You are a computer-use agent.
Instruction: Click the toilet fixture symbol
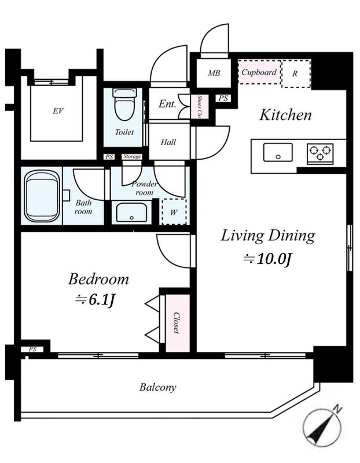124,104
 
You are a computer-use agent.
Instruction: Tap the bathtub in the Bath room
42,196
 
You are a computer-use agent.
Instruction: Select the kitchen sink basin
278,152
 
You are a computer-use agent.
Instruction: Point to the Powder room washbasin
131,212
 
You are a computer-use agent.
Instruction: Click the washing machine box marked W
174,211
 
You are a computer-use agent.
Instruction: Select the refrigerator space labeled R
296,74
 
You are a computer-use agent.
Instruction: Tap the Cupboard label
259,72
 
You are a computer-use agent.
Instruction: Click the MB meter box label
214,73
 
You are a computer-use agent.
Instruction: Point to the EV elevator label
58,111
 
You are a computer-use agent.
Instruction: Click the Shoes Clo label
200,106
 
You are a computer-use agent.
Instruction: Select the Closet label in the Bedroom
177,323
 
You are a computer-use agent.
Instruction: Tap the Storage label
132,156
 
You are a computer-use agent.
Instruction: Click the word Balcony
157,387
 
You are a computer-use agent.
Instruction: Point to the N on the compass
337,409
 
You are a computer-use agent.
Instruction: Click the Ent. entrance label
167,104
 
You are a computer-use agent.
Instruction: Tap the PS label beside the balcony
32,350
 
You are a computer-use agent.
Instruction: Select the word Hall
168,142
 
